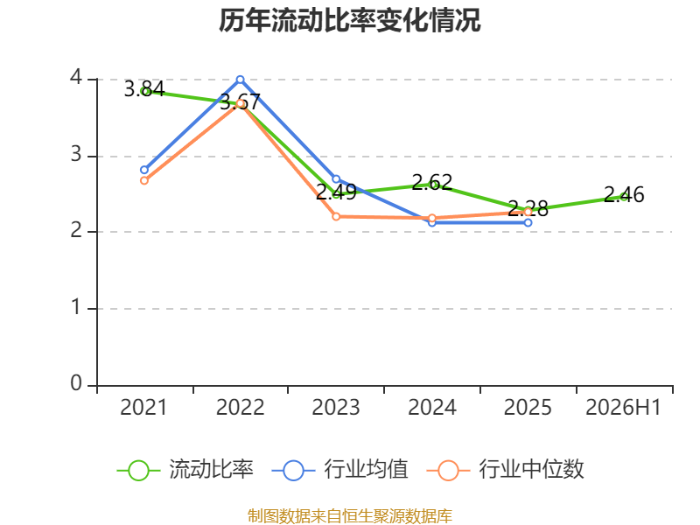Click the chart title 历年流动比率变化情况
349,20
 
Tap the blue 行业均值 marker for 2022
240,80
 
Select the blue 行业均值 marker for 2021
144,170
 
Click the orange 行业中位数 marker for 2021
144,180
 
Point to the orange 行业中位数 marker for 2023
336,216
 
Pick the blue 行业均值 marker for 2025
528,222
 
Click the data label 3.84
144,89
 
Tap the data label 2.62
431,182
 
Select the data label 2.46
624,194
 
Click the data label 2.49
336,192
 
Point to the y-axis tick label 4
76,77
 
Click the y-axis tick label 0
76,383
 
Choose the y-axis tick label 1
76,307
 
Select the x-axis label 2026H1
623,407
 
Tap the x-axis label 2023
336,407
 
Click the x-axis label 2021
143,407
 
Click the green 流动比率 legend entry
185,470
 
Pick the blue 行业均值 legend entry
339,470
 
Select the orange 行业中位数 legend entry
505,470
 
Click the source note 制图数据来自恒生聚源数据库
349,515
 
